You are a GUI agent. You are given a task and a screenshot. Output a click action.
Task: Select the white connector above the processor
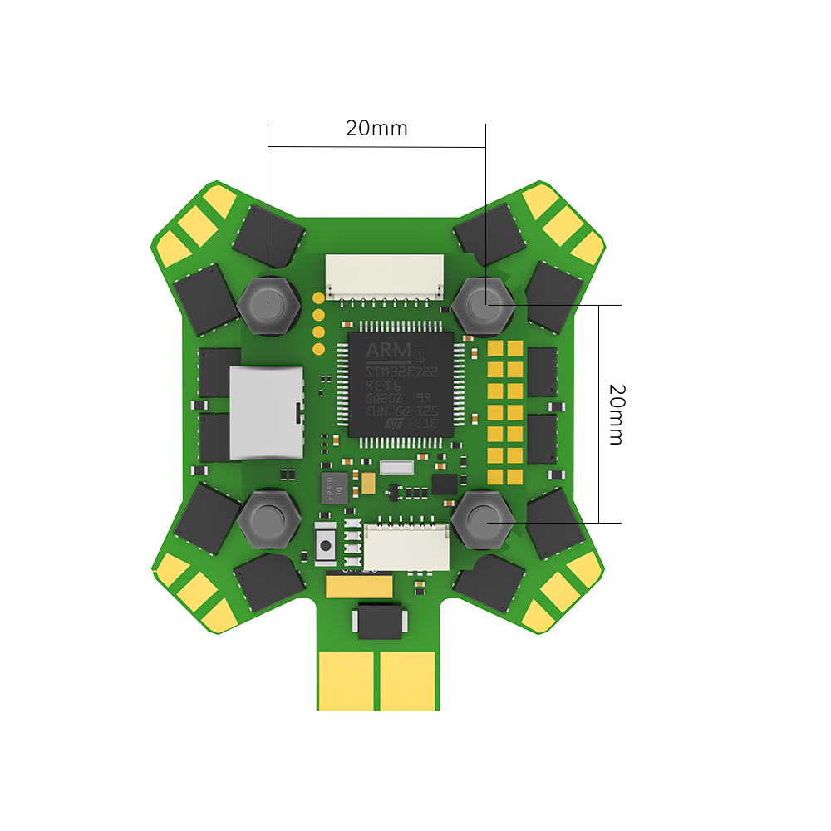383,276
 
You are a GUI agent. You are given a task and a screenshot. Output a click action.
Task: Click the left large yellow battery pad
349,679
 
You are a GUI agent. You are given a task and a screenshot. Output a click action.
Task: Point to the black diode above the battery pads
379,622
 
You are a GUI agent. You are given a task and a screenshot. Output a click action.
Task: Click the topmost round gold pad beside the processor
317,297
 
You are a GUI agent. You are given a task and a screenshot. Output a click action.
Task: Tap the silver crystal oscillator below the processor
396,468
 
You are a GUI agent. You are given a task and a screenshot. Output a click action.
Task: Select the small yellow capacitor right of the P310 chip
366,479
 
